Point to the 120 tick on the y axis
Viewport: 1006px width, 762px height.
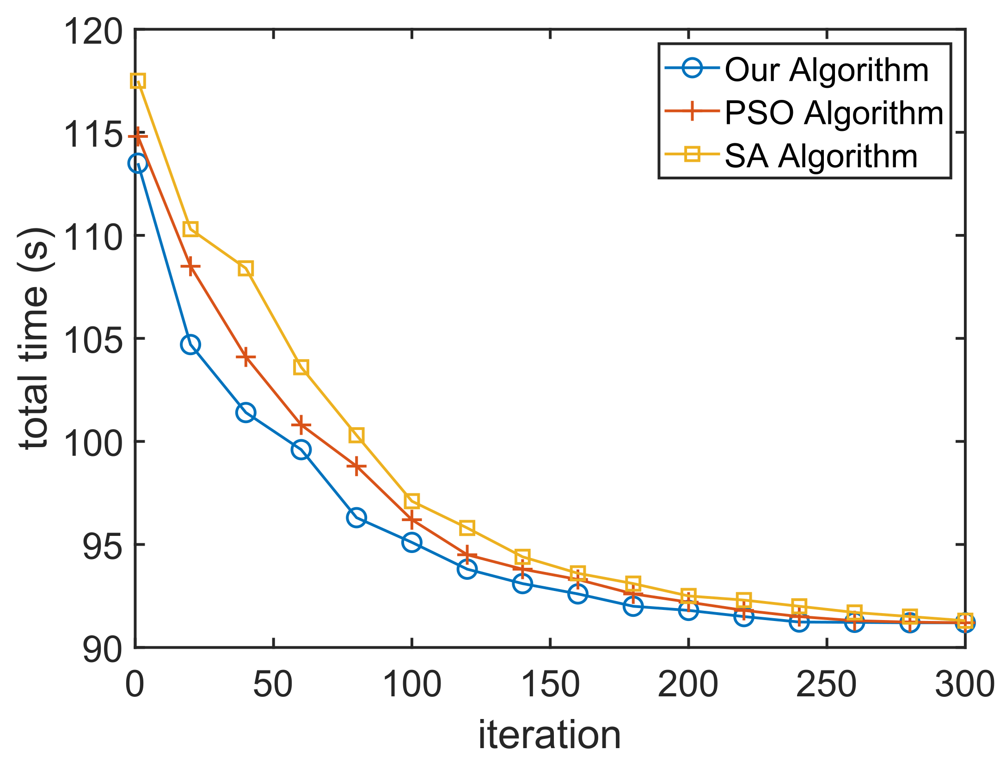click(93, 31)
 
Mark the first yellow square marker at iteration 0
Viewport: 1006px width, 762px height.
click(138, 81)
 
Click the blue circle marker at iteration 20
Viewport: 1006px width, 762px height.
click(190, 344)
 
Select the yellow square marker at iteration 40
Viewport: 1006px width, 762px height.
click(245, 268)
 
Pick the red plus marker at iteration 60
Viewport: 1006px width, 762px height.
click(301, 424)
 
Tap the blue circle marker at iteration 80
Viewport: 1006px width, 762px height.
click(356, 517)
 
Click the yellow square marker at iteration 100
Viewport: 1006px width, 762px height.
click(411, 501)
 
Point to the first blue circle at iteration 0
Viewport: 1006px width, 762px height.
click(137, 163)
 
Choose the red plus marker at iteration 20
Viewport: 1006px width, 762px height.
click(190, 267)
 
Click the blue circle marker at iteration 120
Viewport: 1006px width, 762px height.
click(467, 569)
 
